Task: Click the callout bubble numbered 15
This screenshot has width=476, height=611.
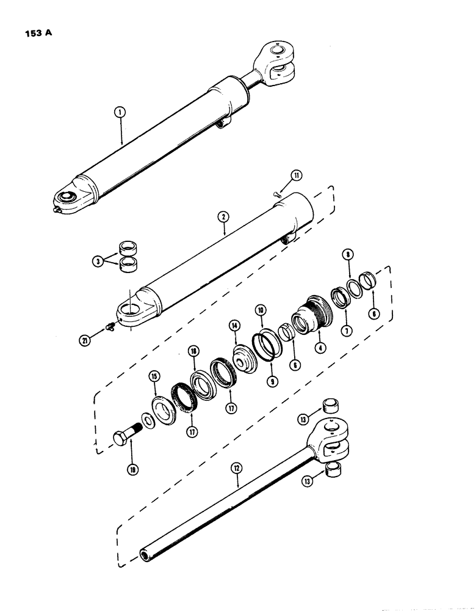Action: (153, 388)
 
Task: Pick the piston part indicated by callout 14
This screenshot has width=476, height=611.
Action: (245, 357)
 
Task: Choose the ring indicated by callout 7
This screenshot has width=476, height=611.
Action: (340, 297)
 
